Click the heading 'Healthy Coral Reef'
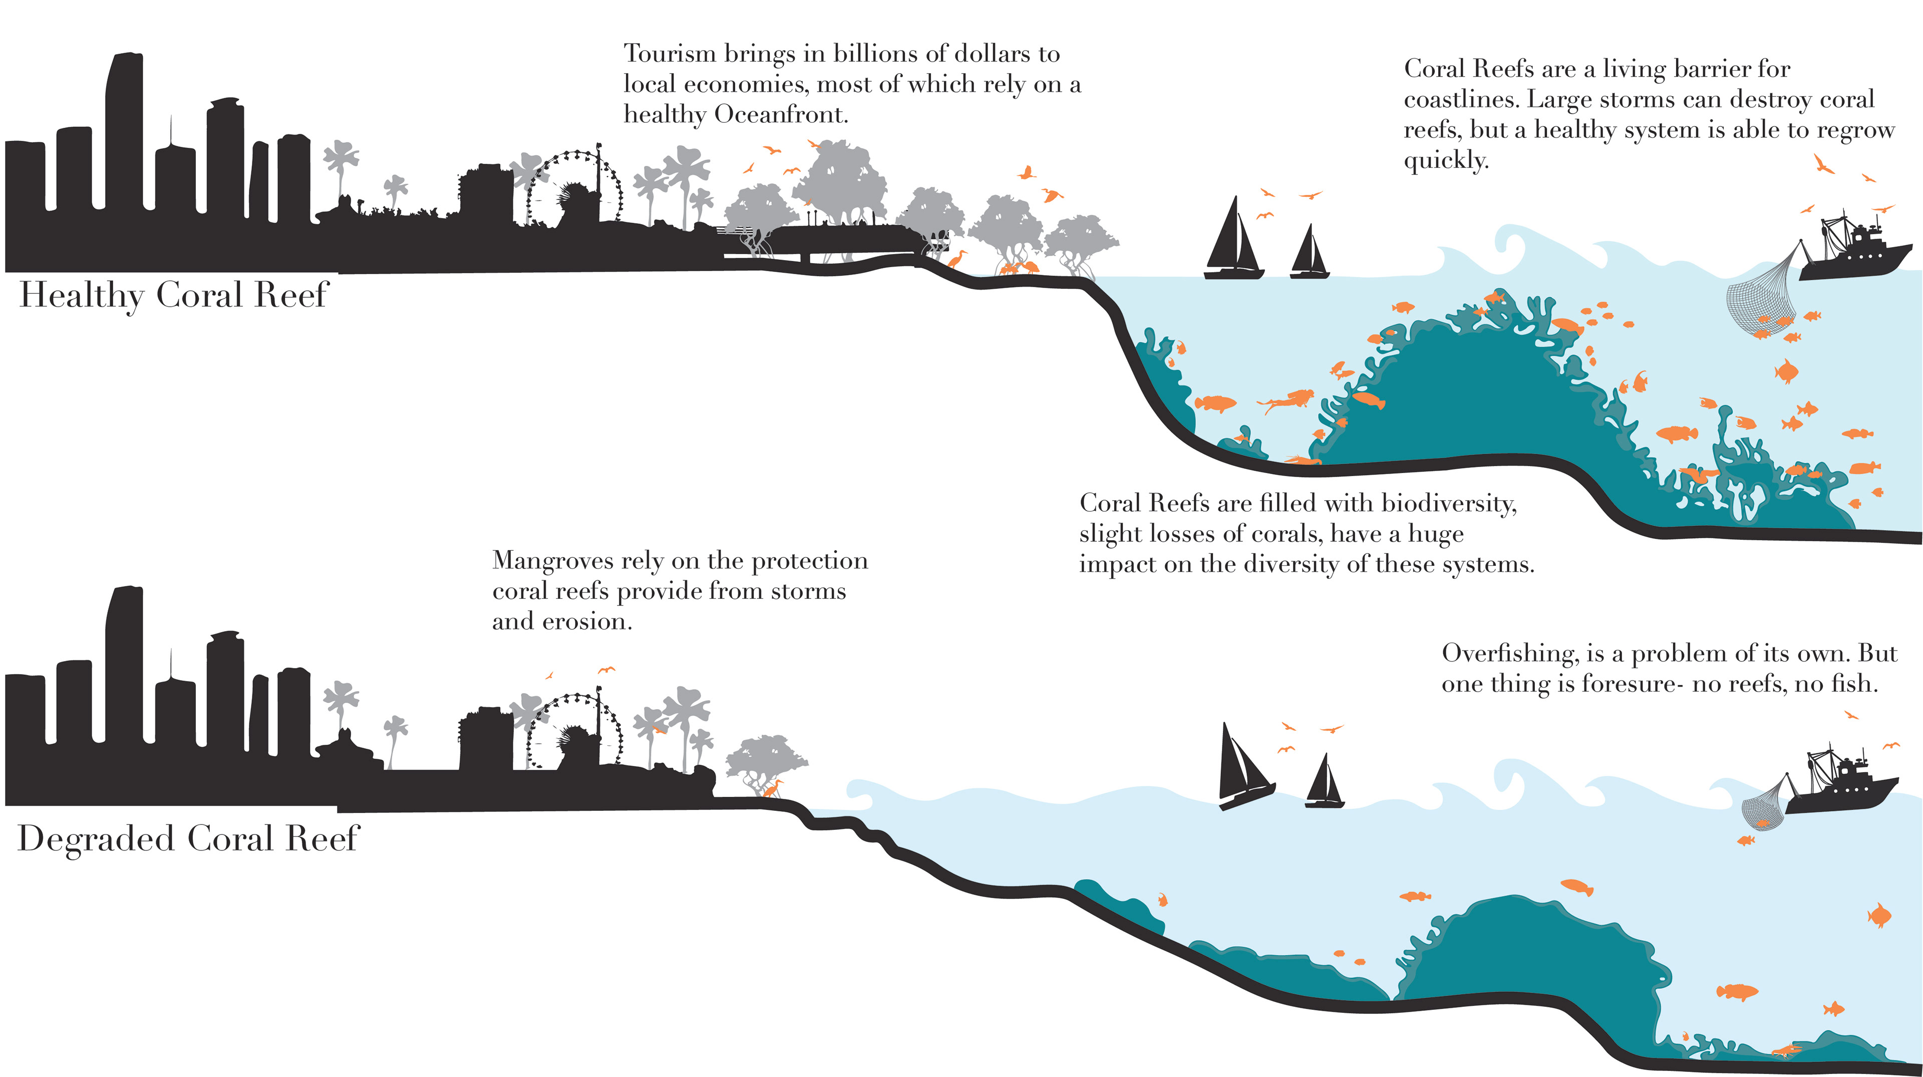tap(173, 295)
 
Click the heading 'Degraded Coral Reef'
tap(188, 838)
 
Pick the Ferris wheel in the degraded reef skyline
tap(573, 731)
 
